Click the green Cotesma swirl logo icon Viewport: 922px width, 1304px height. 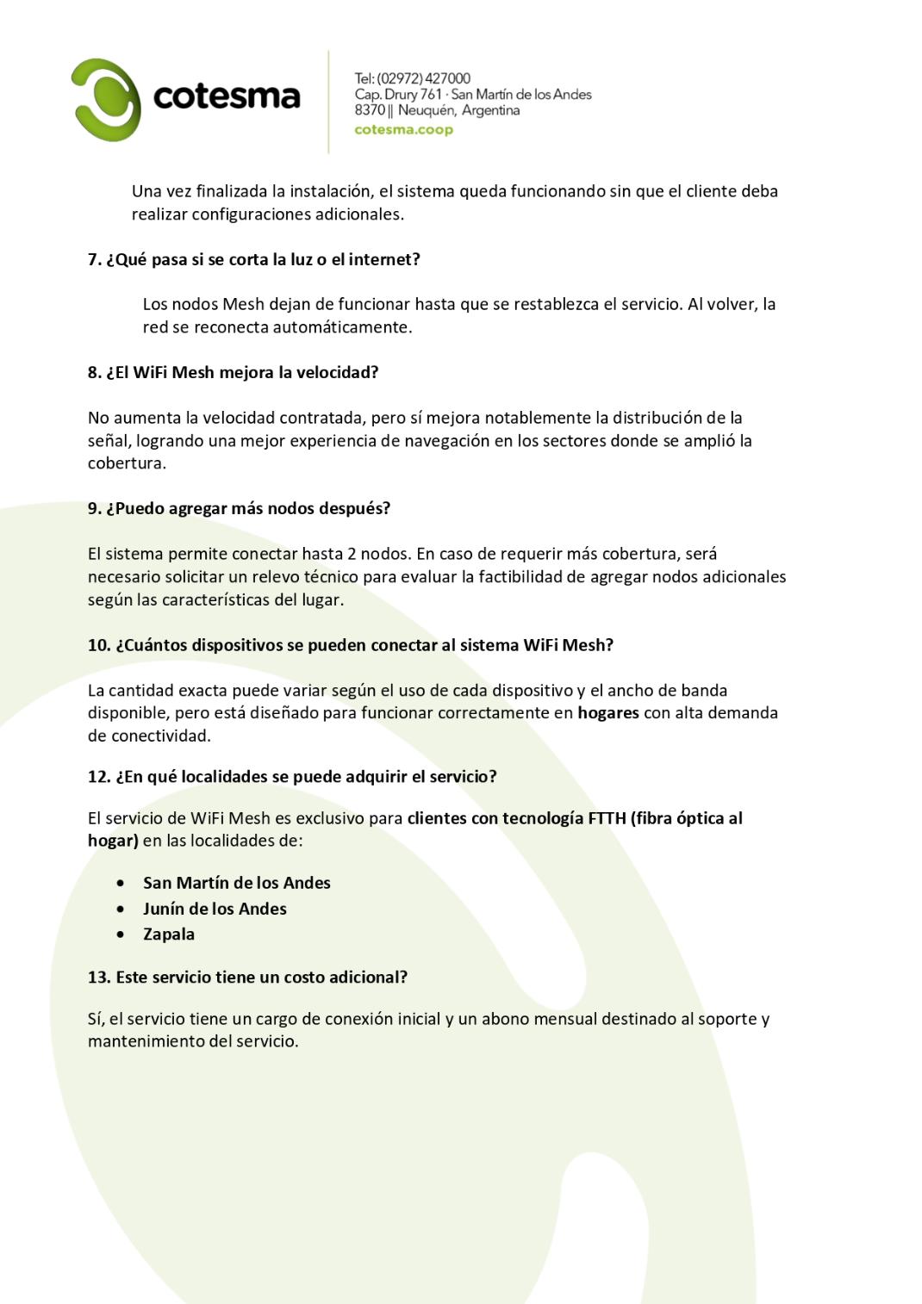pos(106,99)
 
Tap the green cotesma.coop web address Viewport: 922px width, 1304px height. pos(403,130)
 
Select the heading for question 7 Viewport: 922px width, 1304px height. pos(253,259)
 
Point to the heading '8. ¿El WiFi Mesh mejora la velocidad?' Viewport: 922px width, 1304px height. pos(233,373)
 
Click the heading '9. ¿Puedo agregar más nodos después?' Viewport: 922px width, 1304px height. pos(239,508)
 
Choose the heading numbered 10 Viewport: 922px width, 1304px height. pos(350,645)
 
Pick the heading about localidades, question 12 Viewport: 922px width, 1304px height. pos(292,777)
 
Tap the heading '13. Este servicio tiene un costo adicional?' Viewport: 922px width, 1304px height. pos(247,978)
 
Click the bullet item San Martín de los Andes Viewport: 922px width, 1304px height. pos(236,883)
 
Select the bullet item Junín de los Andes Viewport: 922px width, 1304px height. pos(215,909)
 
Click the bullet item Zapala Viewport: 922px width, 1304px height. pos(169,935)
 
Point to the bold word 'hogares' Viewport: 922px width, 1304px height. pos(607,713)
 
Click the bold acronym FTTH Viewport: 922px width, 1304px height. pos(607,818)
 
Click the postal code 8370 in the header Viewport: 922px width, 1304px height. pos(370,110)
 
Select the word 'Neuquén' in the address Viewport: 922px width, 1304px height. pos(426,110)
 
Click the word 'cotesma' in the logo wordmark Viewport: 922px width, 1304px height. pos(226,96)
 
